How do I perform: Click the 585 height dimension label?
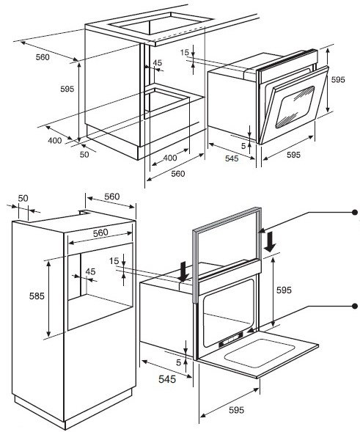tap(37, 296)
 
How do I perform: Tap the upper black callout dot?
tap(355, 212)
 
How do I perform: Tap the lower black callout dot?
tap(355, 306)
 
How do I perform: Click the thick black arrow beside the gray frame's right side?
tap(269, 241)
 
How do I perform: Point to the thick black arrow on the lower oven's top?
tap(183, 271)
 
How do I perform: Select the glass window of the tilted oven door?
tap(295, 106)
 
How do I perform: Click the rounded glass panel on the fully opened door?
tap(260, 353)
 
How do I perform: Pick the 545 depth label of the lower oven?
tap(167, 379)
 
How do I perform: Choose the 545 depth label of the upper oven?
tap(232, 158)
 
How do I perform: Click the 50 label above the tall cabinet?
tap(23, 198)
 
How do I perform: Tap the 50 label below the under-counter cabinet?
tap(84, 155)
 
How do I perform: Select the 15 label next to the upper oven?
tap(185, 52)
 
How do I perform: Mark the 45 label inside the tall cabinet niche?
tap(90, 271)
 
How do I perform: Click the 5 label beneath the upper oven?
tap(243, 146)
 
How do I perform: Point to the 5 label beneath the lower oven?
tap(179, 362)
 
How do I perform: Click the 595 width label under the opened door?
tap(236, 410)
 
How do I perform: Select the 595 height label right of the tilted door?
tap(338, 80)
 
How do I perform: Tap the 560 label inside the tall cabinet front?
tap(100, 233)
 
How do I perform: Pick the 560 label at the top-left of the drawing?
tap(43, 57)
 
